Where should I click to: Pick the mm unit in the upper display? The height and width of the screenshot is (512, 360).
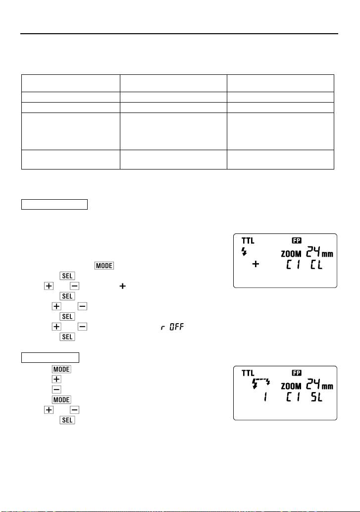point(328,254)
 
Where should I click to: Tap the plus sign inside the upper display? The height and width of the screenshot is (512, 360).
point(256,265)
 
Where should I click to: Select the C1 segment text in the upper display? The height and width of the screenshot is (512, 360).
point(291,267)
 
